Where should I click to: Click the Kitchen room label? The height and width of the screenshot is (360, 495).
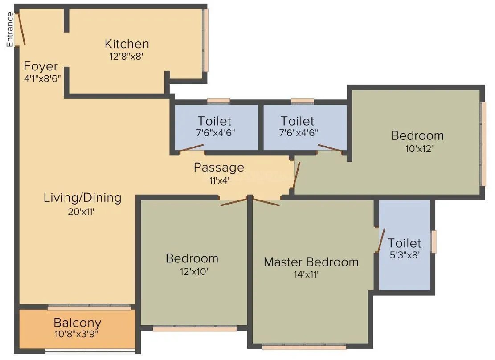127,44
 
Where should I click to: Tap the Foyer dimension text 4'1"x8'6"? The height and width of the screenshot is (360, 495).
42,77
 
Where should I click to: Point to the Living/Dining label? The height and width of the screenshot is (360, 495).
82,197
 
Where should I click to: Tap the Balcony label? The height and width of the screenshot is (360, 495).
77,323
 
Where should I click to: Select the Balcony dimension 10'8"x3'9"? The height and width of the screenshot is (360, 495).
77,334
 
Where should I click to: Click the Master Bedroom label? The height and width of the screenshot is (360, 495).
311,262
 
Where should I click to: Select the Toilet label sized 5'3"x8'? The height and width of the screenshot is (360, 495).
404,243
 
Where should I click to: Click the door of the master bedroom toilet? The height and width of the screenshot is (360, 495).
381,241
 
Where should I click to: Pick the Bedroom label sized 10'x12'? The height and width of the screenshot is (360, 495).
417,135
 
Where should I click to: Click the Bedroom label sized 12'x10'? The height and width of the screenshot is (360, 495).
192,258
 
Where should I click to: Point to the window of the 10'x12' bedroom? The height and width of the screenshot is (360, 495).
483,143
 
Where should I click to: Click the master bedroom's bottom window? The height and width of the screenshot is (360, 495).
304,346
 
